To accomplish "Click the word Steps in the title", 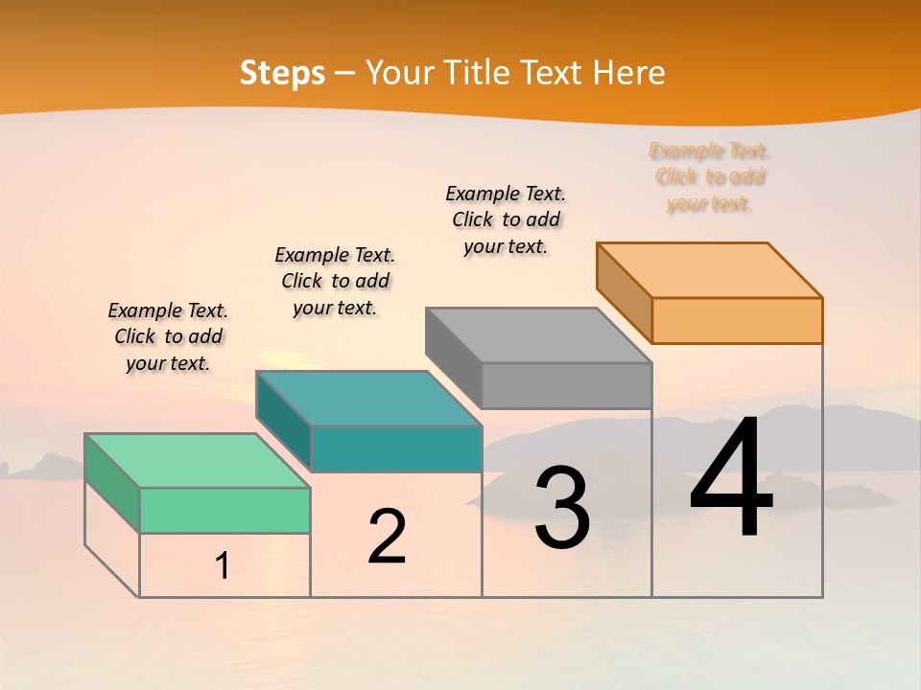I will pos(282,73).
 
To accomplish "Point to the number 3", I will pos(562,507).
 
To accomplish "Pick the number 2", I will pos(387,537).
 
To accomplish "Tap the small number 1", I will pos(223,566).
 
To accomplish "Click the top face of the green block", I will pos(197,461).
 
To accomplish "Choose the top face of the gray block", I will pos(538,335).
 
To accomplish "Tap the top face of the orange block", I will pos(709,270).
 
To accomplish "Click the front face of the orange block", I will pos(737,320).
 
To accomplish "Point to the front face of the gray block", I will pos(566,385).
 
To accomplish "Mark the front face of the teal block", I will pos(395,448).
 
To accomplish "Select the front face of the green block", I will pos(224,510).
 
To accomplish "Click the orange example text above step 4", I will pos(710,177).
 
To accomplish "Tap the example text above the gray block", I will pos(506,219).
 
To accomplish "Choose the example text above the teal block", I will pos(335,281).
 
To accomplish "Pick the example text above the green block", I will pos(168,336).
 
